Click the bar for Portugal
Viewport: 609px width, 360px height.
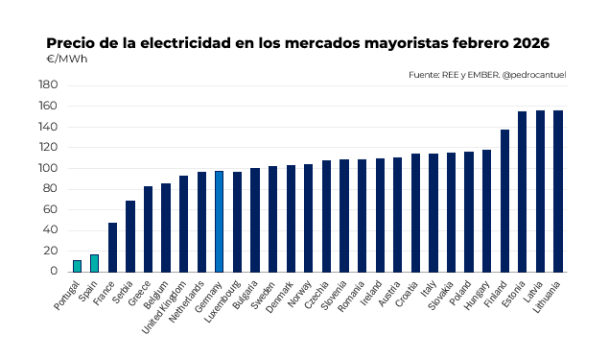(x=77, y=266)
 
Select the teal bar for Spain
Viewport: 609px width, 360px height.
(x=94, y=263)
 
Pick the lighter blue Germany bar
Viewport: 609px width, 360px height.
(x=219, y=221)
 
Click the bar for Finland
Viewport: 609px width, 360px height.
(x=504, y=201)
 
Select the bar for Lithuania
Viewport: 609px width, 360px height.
(x=558, y=191)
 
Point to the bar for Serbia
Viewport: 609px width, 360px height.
(x=130, y=236)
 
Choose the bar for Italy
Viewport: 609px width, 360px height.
(x=433, y=212)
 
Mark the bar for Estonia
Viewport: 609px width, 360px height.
(x=523, y=192)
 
